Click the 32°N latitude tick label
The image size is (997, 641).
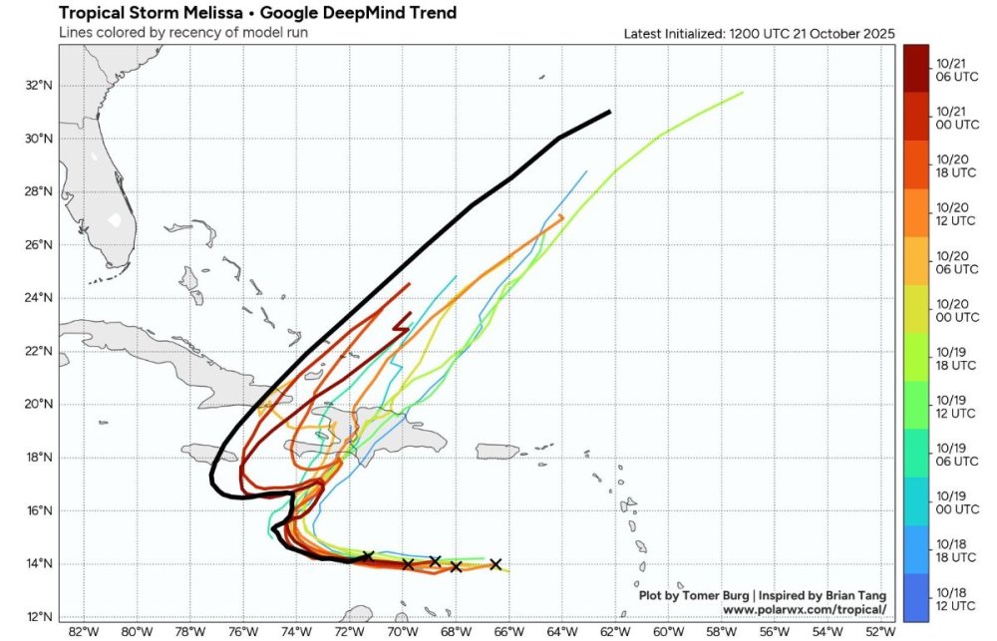[40, 86]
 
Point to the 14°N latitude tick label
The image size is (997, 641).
[40, 564]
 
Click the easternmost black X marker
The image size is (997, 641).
[496, 564]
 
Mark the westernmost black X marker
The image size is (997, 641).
[368, 556]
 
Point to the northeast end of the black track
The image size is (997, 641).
[609, 112]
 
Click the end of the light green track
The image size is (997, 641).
[743, 93]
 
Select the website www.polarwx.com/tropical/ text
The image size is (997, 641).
[804, 608]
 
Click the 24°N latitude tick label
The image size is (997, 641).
[40, 298]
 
